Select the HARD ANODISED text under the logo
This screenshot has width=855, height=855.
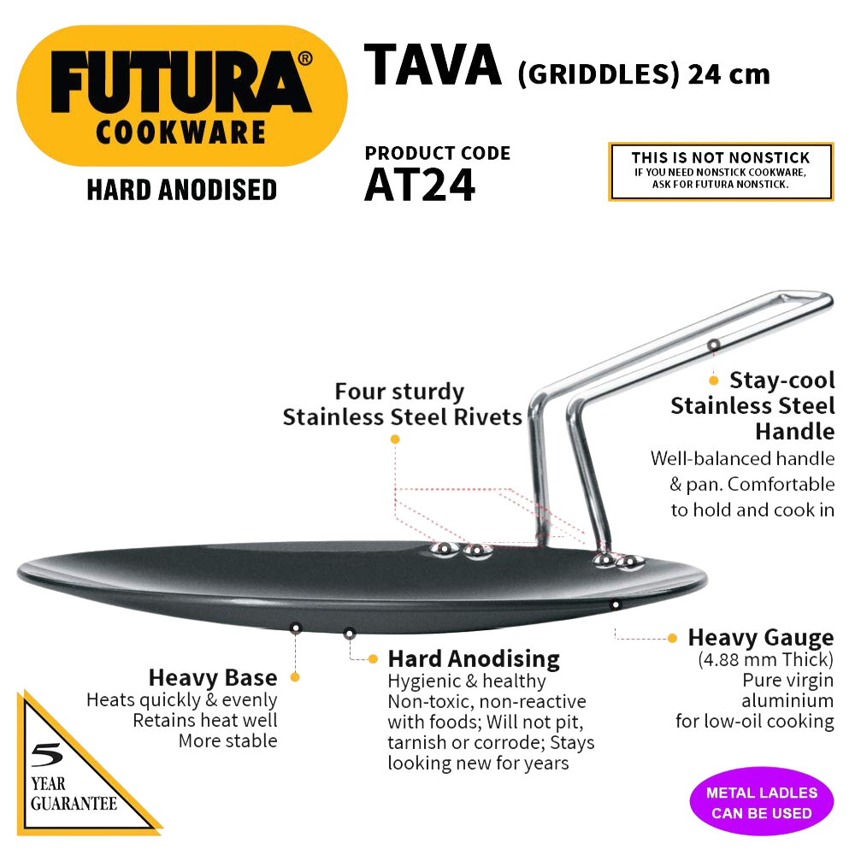pyautogui.click(x=182, y=189)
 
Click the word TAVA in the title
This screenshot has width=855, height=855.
pyautogui.click(x=433, y=66)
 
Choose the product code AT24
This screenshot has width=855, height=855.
pyautogui.click(x=419, y=186)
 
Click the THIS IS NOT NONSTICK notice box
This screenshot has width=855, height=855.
pyautogui.click(x=720, y=172)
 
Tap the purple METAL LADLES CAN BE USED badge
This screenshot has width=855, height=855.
pyautogui.click(x=761, y=803)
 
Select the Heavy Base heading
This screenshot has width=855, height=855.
pyautogui.click(x=213, y=678)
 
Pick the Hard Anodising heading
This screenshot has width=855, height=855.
pyautogui.click(x=474, y=658)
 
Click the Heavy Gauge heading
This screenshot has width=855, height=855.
pyautogui.click(x=761, y=638)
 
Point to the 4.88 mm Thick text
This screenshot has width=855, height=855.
pyautogui.click(x=766, y=660)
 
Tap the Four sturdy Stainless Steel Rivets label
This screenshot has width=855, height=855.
pyautogui.click(x=402, y=404)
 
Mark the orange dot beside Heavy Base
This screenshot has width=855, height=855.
pyautogui.click(x=295, y=676)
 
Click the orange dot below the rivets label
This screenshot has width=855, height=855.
pyautogui.click(x=395, y=439)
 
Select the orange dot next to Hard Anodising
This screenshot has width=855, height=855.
pyautogui.click(x=373, y=658)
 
